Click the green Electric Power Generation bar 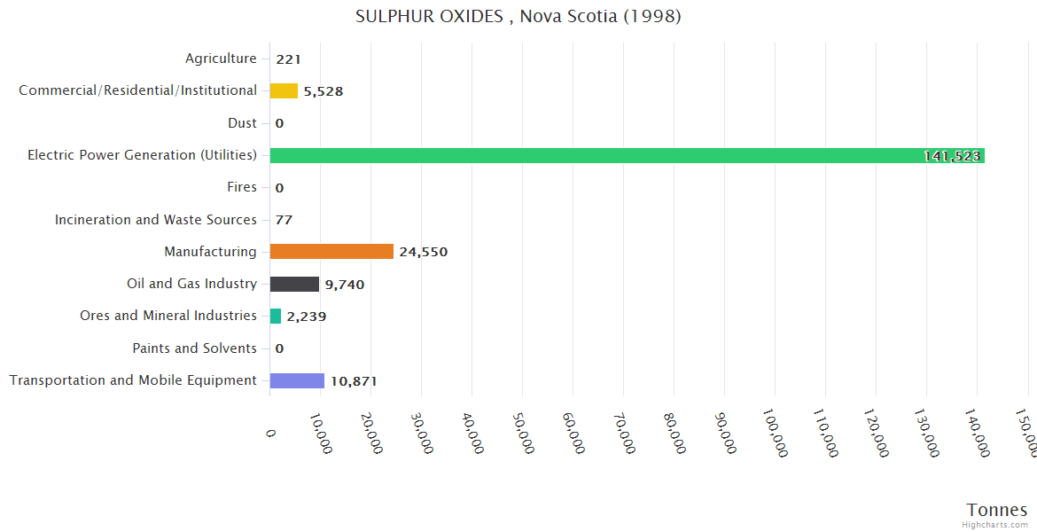(620, 155)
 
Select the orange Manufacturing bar (331, 252)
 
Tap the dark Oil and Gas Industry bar (294, 284)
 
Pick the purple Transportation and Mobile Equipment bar (297, 380)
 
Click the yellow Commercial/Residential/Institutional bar (284, 90)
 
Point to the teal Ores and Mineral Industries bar (276, 316)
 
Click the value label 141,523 (952, 156)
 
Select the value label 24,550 (423, 252)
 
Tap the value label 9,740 (344, 285)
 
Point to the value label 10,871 (354, 381)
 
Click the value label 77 (284, 220)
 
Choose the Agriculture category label (221, 59)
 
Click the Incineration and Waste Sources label (156, 219)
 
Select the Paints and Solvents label (194, 348)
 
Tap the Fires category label (242, 187)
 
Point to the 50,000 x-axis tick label (523, 434)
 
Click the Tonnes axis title (996, 510)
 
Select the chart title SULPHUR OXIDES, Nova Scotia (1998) (518, 17)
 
